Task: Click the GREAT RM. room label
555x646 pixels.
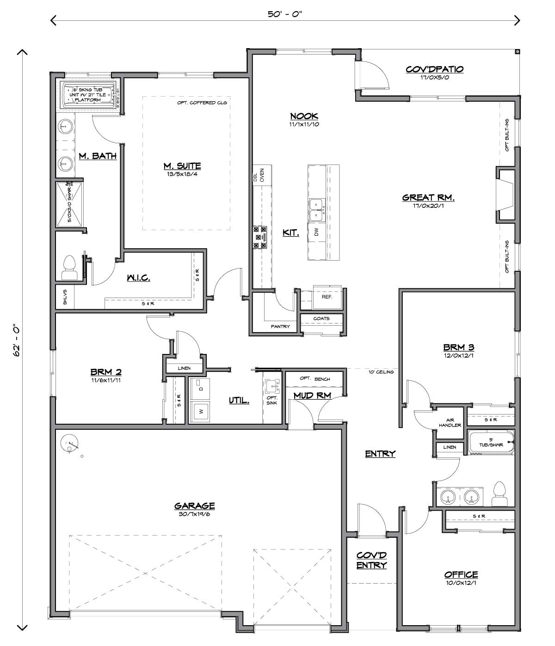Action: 428,198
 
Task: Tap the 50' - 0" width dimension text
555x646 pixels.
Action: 285,14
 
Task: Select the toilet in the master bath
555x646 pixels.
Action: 69,268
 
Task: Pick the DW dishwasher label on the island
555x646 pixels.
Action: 316,232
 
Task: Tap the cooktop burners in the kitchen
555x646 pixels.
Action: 260,238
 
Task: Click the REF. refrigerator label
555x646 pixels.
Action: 327,297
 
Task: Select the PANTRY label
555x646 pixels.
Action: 280,326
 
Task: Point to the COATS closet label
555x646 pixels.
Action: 321,318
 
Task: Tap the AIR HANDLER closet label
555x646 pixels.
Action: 450,422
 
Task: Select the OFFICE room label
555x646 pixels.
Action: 461,574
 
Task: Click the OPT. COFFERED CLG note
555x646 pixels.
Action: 202,103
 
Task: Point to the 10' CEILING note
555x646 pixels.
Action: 381,372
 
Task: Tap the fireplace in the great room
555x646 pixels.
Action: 505,195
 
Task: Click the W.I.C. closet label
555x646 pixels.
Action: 138,278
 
